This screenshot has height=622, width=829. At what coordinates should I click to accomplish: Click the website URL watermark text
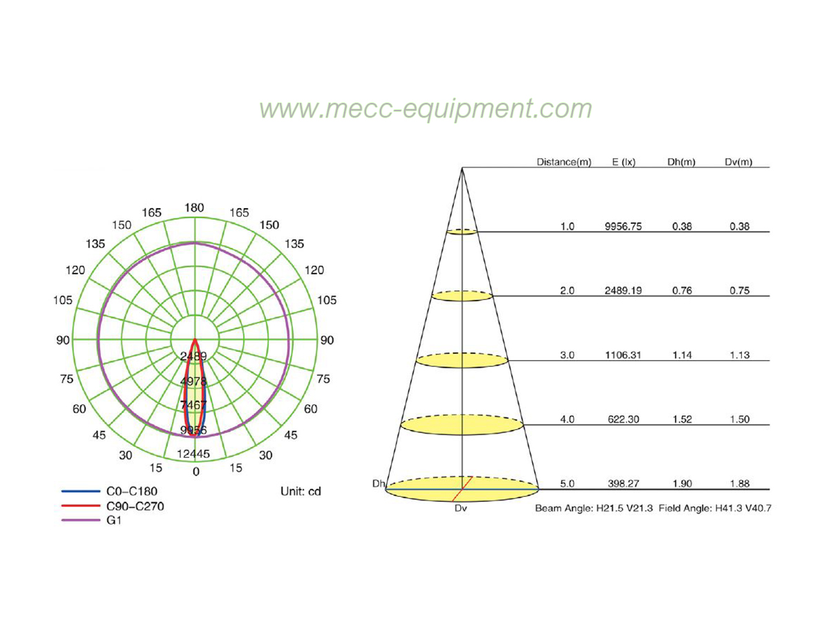426,109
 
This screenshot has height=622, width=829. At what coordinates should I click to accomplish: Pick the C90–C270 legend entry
113,506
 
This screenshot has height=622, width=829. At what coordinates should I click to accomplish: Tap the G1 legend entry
91,520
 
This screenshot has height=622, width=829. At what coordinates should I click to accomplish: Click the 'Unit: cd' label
301,491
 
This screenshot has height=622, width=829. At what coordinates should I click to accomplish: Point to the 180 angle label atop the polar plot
194,208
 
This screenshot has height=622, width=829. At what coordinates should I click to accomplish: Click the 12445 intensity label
193,454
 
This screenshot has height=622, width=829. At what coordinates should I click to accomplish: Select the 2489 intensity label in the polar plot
193,356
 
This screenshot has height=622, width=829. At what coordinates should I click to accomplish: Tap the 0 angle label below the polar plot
196,472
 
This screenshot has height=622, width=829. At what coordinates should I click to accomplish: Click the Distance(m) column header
564,162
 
